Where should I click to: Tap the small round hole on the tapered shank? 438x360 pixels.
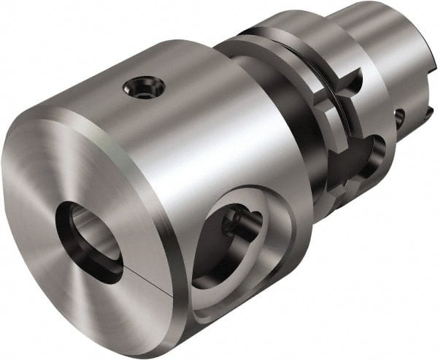pyautogui.click(x=399, y=117)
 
